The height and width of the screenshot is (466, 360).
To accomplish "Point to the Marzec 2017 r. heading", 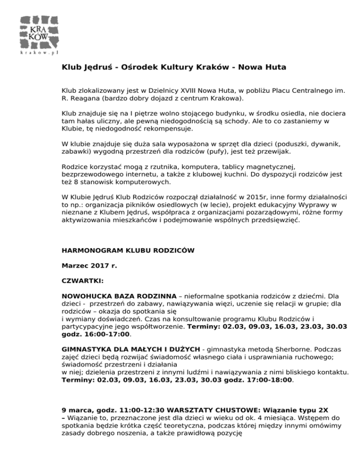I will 89,265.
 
